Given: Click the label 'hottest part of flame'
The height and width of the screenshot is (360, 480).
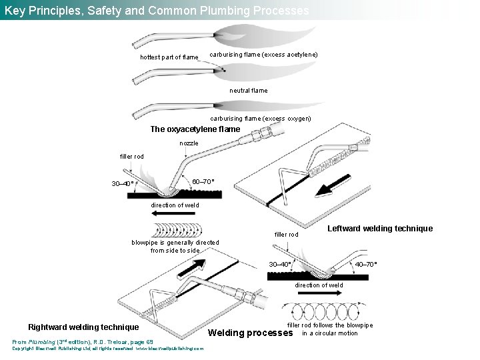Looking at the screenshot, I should pos(169,57).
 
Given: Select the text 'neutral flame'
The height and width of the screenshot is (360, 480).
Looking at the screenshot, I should pos(248,90).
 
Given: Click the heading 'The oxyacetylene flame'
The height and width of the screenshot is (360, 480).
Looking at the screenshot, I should pos(195,129).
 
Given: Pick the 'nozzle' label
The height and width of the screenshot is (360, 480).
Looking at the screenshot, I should pos(189,143).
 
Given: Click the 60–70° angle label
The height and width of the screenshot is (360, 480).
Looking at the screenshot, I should pos(203,182).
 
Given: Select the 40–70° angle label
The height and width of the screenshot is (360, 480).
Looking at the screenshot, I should pos(366,264).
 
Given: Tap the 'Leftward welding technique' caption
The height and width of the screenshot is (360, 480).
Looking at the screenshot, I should pos(380,229).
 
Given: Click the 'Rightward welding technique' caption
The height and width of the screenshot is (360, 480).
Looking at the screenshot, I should pos(83,327).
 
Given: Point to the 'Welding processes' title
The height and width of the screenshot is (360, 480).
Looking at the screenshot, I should pos(251,333).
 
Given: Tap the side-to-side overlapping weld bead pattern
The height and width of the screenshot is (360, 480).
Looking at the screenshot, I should pos(177,231).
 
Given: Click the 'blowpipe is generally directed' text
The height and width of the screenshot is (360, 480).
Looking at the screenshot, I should pos(175,243).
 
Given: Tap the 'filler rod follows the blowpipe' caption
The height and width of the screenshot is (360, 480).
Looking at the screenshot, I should pos(330,325).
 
